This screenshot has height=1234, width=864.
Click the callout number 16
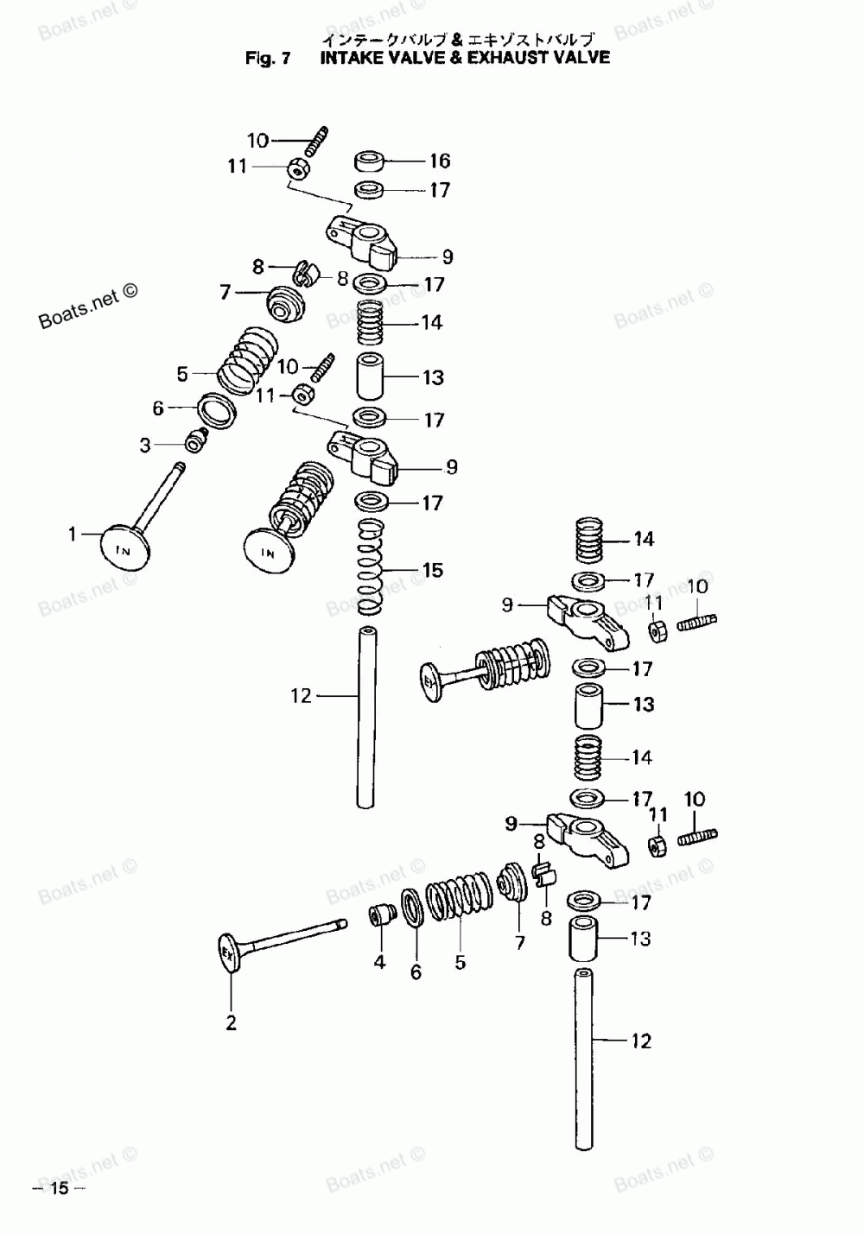(x=440, y=161)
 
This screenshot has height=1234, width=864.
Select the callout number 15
(x=432, y=570)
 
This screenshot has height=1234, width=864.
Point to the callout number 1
(x=73, y=535)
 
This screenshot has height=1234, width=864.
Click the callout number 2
(x=231, y=1023)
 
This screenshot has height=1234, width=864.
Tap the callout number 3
(x=145, y=445)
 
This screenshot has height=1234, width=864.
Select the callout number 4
(x=379, y=962)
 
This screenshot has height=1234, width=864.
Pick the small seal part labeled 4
(x=380, y=914)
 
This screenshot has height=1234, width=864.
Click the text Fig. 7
(x=268, y=59)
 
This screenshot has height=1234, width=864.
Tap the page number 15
(x=59, y=1188)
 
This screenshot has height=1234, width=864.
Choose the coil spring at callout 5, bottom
(x=458, y=908)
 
